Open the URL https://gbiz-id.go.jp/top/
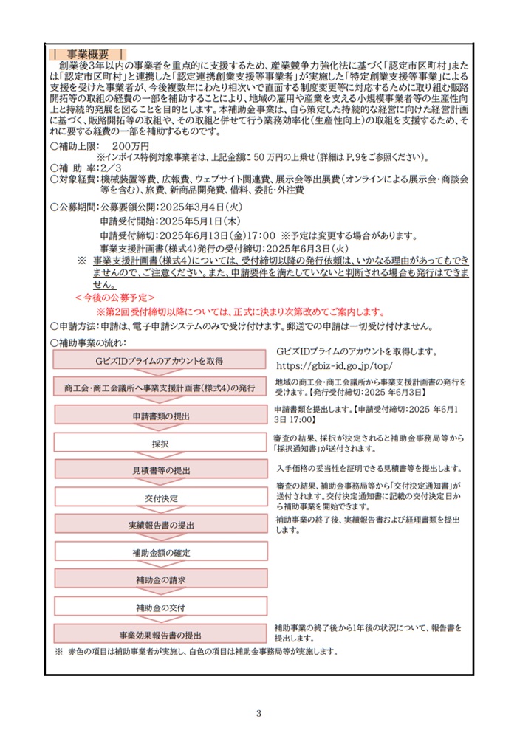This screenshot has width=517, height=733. pyautogui.click(x=334, y=365)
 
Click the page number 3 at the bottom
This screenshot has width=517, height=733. pyautogui.click(x=258, y=712)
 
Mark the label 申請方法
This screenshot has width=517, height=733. pyautogui.click(x=75, y=326)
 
